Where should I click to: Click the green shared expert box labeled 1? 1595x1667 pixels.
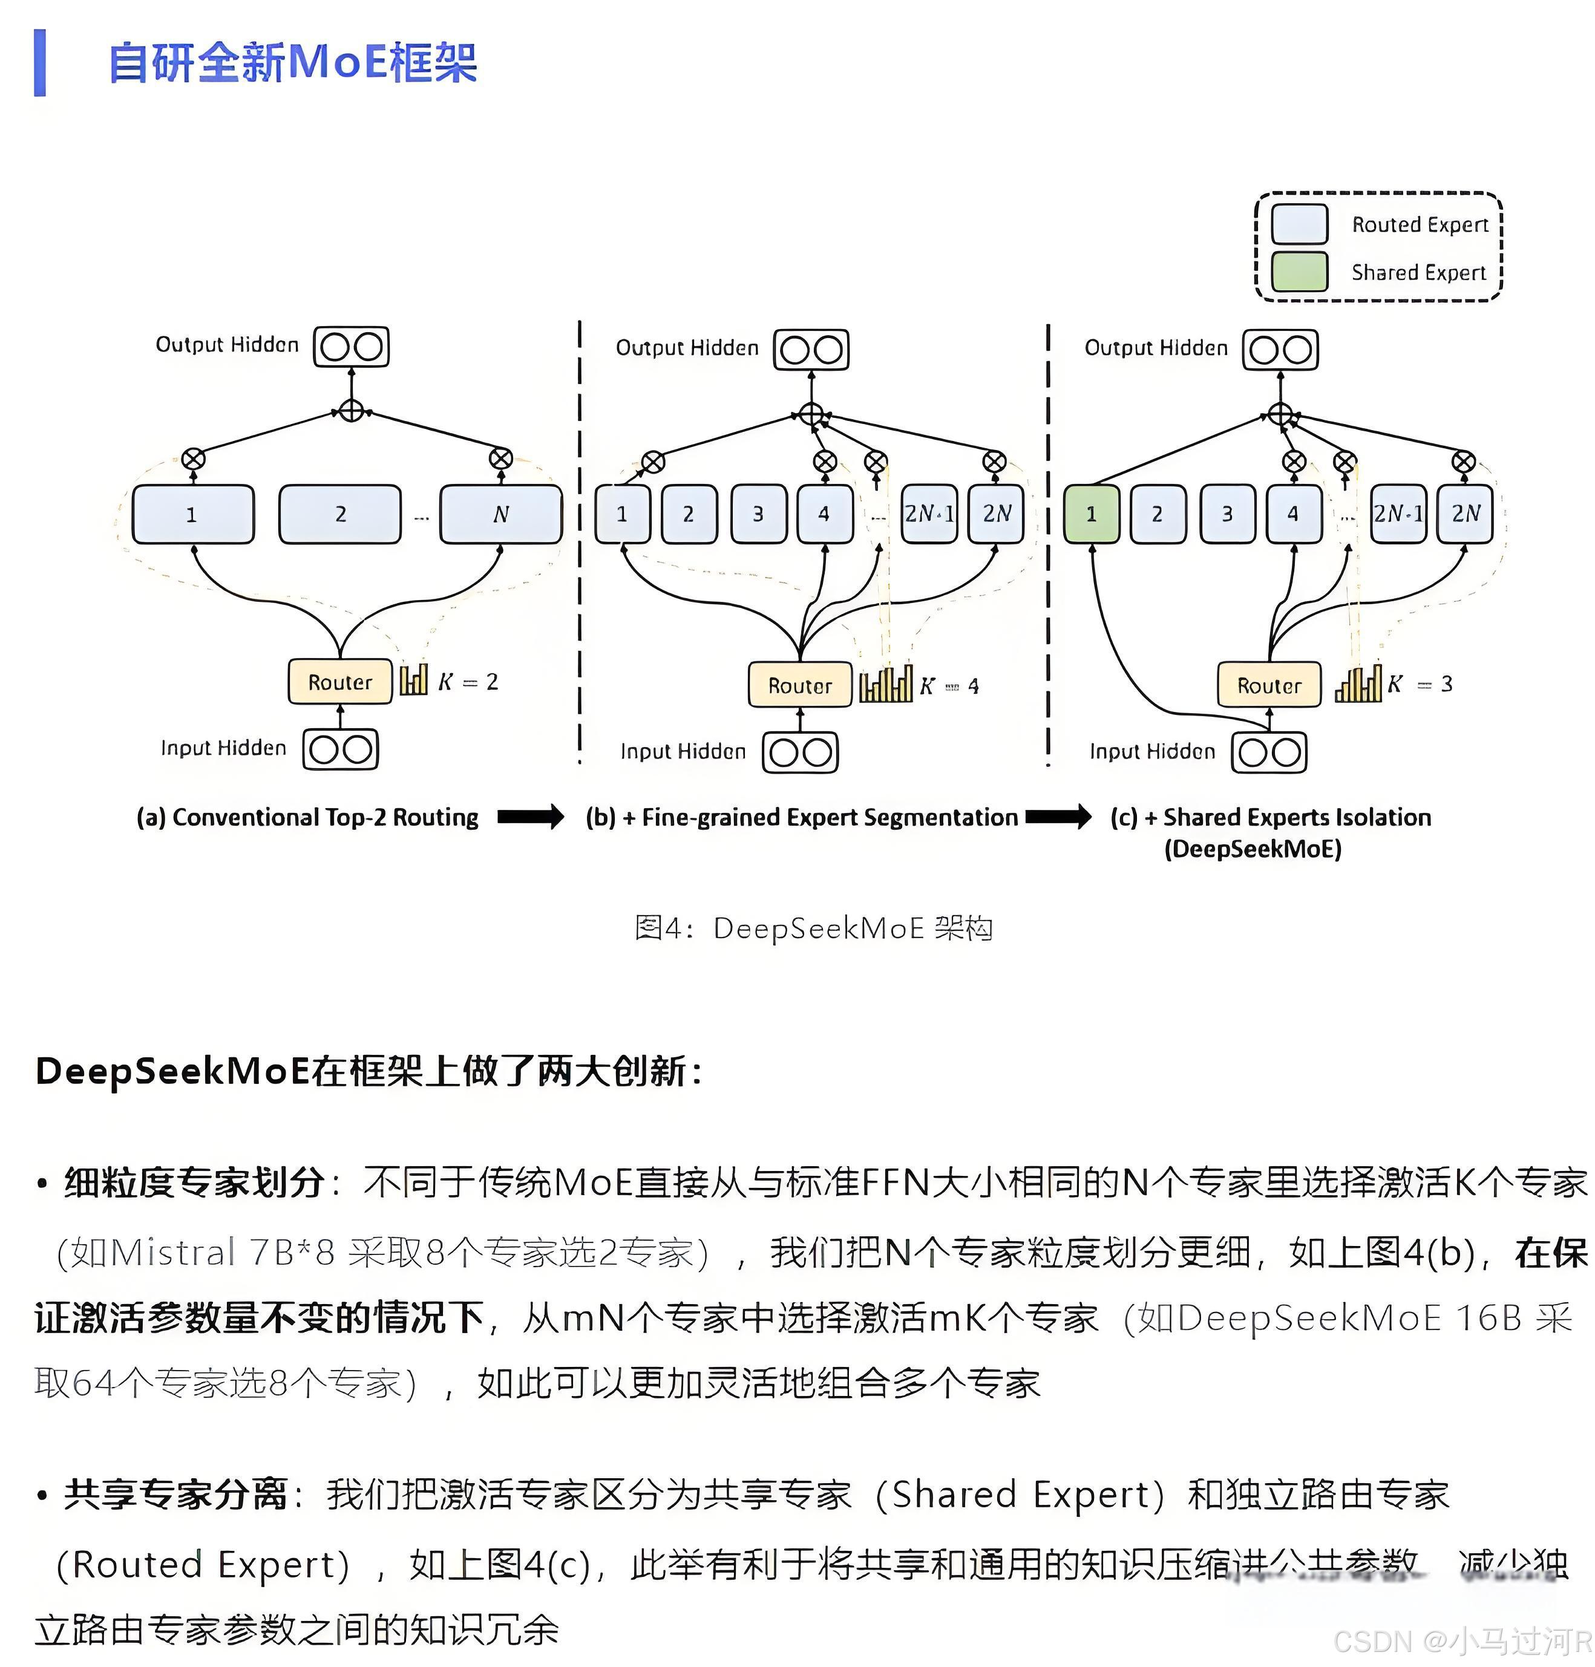1091,514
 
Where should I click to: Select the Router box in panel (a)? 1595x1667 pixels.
339,682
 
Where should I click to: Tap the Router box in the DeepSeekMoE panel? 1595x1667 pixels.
1268,685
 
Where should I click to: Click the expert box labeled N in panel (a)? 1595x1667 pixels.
501,514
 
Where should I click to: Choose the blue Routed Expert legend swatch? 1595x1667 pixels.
1299,224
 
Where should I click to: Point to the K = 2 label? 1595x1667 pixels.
468,682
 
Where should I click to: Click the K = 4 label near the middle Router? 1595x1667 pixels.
950,686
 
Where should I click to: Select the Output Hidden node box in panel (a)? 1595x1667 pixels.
351,347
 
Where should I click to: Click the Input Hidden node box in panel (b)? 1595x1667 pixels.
800,752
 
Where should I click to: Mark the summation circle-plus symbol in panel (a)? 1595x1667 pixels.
351,411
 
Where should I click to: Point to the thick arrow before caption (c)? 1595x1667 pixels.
1058,817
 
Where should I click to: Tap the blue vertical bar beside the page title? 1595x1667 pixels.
40,63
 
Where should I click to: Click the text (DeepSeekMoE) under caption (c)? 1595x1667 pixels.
1253,849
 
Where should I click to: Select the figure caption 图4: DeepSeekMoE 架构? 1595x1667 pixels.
814,927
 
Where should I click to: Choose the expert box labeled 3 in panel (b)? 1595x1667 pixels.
758,514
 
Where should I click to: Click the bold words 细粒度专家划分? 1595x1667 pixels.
194,1182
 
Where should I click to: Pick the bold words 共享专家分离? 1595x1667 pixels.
175,1493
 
